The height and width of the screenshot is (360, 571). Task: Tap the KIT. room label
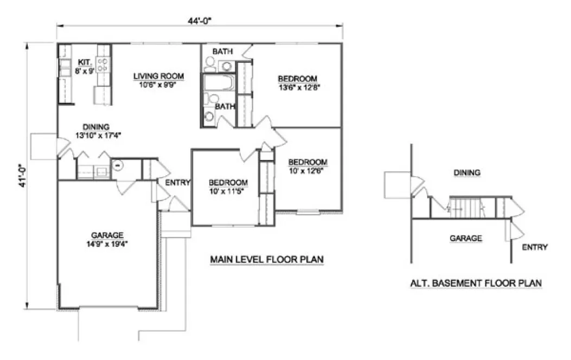[84, 62]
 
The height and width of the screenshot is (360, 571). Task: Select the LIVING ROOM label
[159, 76]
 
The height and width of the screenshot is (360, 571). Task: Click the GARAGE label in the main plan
[107, 235]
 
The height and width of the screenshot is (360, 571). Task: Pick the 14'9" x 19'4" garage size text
[107, 243]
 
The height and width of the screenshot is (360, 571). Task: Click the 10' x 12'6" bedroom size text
[307, 170]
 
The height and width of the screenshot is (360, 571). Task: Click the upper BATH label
[222, 52]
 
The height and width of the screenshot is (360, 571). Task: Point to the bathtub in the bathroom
[219, 83]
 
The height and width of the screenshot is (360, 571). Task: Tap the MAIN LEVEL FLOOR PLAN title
[267, 260]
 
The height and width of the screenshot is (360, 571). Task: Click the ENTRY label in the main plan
[178, 183]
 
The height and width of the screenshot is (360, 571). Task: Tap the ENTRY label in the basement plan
[535, 247]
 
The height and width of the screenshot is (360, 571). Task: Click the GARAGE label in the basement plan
[466, 238]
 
